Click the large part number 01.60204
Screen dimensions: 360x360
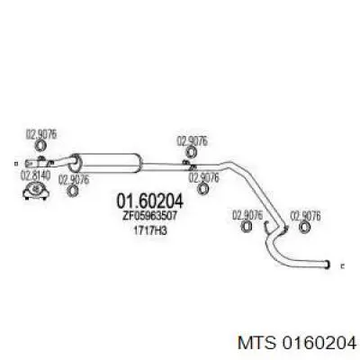149,201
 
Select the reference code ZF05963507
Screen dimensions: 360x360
150,216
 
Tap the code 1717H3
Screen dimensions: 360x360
150,230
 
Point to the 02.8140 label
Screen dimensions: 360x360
35,176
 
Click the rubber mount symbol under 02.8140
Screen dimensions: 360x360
36,191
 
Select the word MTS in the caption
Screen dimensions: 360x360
256,342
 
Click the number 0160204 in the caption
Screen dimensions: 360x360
318,342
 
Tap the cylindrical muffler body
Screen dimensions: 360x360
106,163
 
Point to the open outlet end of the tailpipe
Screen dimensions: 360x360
328,265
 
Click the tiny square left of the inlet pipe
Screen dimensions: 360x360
16,164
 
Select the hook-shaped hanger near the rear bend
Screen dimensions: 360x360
267,227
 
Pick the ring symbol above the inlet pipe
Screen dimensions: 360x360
40,146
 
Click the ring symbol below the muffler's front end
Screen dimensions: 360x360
72,190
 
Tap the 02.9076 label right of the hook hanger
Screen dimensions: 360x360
305,216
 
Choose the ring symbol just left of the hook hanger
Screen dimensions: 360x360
247,227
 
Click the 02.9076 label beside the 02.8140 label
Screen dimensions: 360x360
74,180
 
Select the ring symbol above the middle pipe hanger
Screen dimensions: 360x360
191,151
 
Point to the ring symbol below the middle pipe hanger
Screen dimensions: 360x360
203,188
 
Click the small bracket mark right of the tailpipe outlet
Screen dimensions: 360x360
343,265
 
